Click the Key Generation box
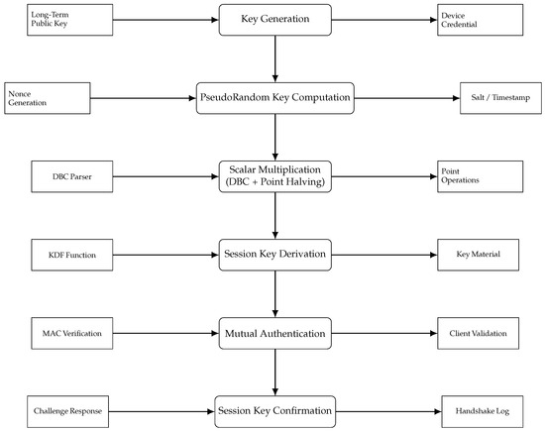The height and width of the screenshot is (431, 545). tap(274, 20)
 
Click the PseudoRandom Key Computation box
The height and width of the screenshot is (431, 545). tap(274, 98)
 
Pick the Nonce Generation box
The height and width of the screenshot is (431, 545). tap(45, 98)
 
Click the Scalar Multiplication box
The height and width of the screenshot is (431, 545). tap(274, 176)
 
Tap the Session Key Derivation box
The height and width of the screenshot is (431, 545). tap(274, 255)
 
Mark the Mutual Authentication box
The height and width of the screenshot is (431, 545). tap(274, 333)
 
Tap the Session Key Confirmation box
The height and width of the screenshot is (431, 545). tap(274, 409)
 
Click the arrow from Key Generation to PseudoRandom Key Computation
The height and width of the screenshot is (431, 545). tap(274, 58)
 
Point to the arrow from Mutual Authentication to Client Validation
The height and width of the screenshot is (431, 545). tap(385, 333)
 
